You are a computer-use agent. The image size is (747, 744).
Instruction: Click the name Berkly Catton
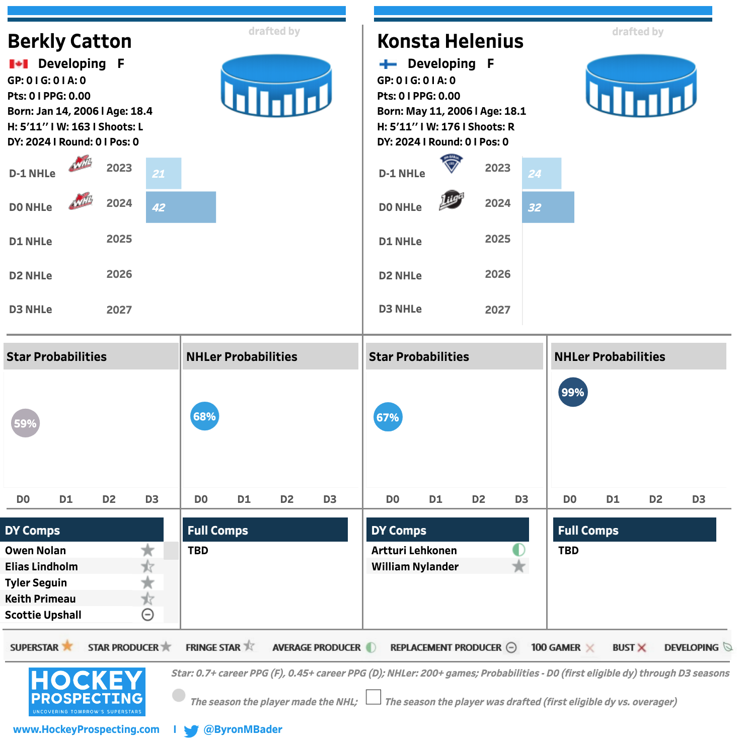pos(69,41)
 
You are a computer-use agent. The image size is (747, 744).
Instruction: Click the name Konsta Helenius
pos(451,41)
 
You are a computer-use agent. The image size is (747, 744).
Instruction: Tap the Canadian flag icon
pos(19,64)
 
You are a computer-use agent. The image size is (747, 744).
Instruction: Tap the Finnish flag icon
pos(388,64)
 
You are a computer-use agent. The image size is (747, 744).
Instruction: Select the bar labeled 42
pos(181,207)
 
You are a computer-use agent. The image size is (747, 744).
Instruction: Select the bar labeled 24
pos(542,173)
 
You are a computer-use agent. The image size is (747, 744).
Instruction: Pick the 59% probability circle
pos(25,423)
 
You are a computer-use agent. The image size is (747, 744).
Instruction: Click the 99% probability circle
pos(573,392)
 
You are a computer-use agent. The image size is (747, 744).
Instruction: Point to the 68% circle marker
pos(204,416)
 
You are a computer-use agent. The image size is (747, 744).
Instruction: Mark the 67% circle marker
pos(388,417)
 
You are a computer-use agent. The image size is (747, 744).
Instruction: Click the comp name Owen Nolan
pos(35,550)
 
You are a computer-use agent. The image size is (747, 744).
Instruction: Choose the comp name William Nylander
pos(415,566)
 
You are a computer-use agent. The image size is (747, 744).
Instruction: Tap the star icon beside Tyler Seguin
pos(147,582)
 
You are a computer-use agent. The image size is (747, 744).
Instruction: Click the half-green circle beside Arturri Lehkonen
pos(518,550)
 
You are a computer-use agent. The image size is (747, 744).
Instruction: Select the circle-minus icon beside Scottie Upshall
pos(147,615)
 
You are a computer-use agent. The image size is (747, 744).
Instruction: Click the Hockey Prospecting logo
pos(87,692)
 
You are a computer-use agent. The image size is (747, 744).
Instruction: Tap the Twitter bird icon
pos(191,730)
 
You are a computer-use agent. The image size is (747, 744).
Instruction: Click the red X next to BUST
pos(641,647)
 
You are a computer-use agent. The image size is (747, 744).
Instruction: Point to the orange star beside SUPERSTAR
pos(67,646)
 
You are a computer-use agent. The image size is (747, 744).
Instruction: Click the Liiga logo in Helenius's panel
pos(451,200)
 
